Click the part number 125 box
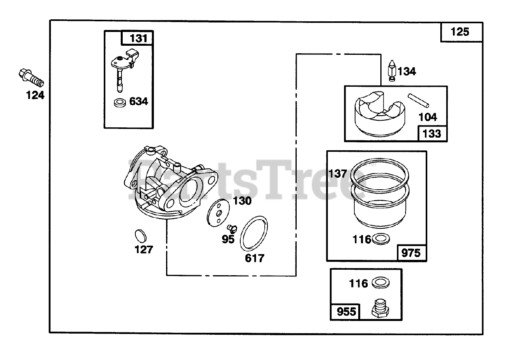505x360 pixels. click(460, 32)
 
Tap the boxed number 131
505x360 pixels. click(137, 38)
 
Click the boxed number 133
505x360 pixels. click(432, 133)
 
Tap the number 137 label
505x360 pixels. click(338, 173)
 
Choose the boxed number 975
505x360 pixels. click(411, 253)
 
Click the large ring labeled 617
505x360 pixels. click(254, 233)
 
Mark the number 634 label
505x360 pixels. click(138, 101)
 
